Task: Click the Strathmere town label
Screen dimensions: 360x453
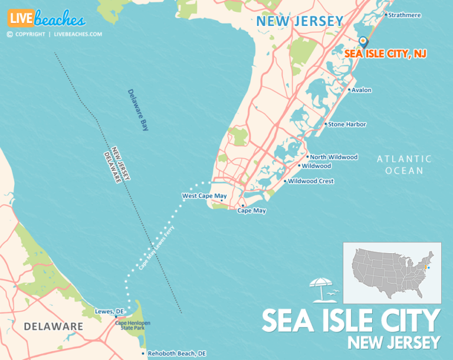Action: pyautogui.click(x=405, y=15)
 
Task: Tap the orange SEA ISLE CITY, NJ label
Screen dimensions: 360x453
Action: pyautogui.click(x=386, y=54)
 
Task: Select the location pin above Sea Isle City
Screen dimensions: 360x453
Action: pyautogui.click(x=363, y=41)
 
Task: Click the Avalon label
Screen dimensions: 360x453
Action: pyautogui.click(x=361, y=90)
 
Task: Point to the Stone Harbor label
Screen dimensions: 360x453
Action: pyautogui.click(x=347, y=125)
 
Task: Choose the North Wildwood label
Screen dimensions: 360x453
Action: pyautogui.click(x=334, y=157)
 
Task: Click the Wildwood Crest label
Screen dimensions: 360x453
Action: pyautogui.click(x=311, y=181)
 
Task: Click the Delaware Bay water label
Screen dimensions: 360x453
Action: pyautogui.click(x=137, y=110)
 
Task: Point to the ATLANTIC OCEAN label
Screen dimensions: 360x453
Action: pyautogui.click(x=404, y=165)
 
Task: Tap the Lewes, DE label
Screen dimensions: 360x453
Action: pyautogui.click(x=109, y=311)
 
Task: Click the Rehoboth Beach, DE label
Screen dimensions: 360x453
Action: pyautogui.click(x=176, y=354)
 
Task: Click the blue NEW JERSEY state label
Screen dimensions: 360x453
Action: pyautogui.click(x=300, y=22)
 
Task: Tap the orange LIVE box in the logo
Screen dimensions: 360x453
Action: pyautogui.click(x=20, y=18)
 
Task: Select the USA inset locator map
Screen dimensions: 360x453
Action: pyautogui.click(x=392, y=273)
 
